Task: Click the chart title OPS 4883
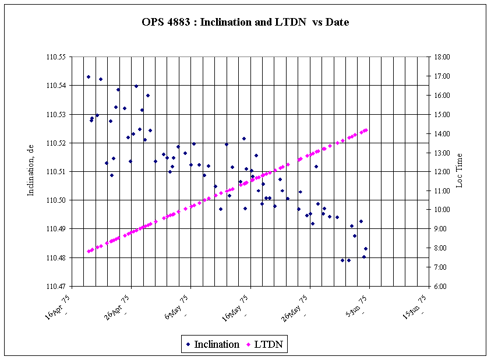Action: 245,23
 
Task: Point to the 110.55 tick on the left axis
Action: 57,57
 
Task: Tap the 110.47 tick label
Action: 57,287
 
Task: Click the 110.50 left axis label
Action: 57,200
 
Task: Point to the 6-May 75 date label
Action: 178,306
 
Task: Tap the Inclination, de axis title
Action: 32,171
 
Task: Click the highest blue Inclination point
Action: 89,77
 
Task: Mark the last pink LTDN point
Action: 366,130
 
